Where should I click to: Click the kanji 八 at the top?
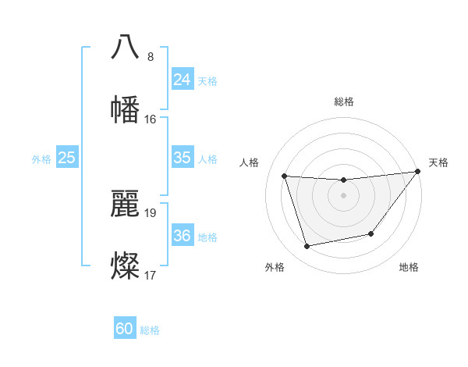(x=125, y=46)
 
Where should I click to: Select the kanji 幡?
(x=125, y=110)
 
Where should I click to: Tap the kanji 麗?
(x=125, y=202)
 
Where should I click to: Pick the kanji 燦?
(x=125, y=265)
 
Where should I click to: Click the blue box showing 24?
(x=182, y=80)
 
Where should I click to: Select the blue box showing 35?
(x=182, y=158)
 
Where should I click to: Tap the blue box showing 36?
(x=182, y=236)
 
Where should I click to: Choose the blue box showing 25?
(x=67, y=158)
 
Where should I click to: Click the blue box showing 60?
(x=125, y=329)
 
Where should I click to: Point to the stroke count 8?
(x=151, y=57)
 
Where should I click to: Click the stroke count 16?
(x=151, y=119)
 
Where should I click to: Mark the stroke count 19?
(x=151, y=212)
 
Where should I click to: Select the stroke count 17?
(x=151, y=276)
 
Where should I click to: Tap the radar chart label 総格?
(x=344, y=102)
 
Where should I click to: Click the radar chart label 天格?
(x=438, y=162)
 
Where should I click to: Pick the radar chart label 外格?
(x=275, y=267)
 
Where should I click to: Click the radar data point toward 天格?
(x=417, y=172)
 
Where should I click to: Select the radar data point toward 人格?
(x=285, y=176)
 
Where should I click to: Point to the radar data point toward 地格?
(x=371, y=233)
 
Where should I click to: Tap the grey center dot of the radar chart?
(x=343, y=195)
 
